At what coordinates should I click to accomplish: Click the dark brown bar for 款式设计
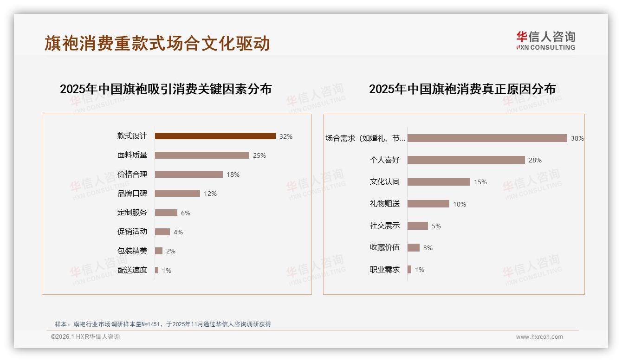coord(215,136)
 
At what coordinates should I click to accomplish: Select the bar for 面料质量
coord(202,155)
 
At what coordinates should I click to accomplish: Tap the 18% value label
coord(233,175)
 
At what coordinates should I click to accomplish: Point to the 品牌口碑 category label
coord(132,194)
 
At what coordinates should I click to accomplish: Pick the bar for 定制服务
coord(166,213)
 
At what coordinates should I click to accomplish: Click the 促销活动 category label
coord(132,232)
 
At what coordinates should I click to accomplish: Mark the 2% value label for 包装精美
coord(170,251)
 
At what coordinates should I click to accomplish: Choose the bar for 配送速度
coord(157,270)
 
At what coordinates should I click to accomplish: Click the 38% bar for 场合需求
coord(487,138)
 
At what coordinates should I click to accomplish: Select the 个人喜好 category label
coord(384,160)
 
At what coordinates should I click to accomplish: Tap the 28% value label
coord(535,160)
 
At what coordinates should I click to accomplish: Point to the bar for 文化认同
coord(439,182)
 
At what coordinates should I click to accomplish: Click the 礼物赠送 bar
coord(428,204)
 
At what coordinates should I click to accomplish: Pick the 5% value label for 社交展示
coord(436,226)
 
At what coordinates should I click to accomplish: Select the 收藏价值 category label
coord(384,247)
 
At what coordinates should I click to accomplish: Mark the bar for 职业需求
coord(409,270)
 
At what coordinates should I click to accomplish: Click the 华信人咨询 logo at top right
coord(545,40)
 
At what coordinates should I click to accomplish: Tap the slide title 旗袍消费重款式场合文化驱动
coord(157,43)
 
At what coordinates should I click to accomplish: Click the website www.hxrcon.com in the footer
coord(539,337)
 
